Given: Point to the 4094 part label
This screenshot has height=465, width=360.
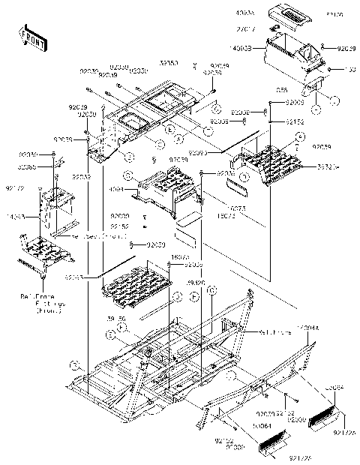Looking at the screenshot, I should point(115,190).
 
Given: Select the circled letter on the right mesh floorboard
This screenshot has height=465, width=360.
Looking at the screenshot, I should point(298,136).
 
